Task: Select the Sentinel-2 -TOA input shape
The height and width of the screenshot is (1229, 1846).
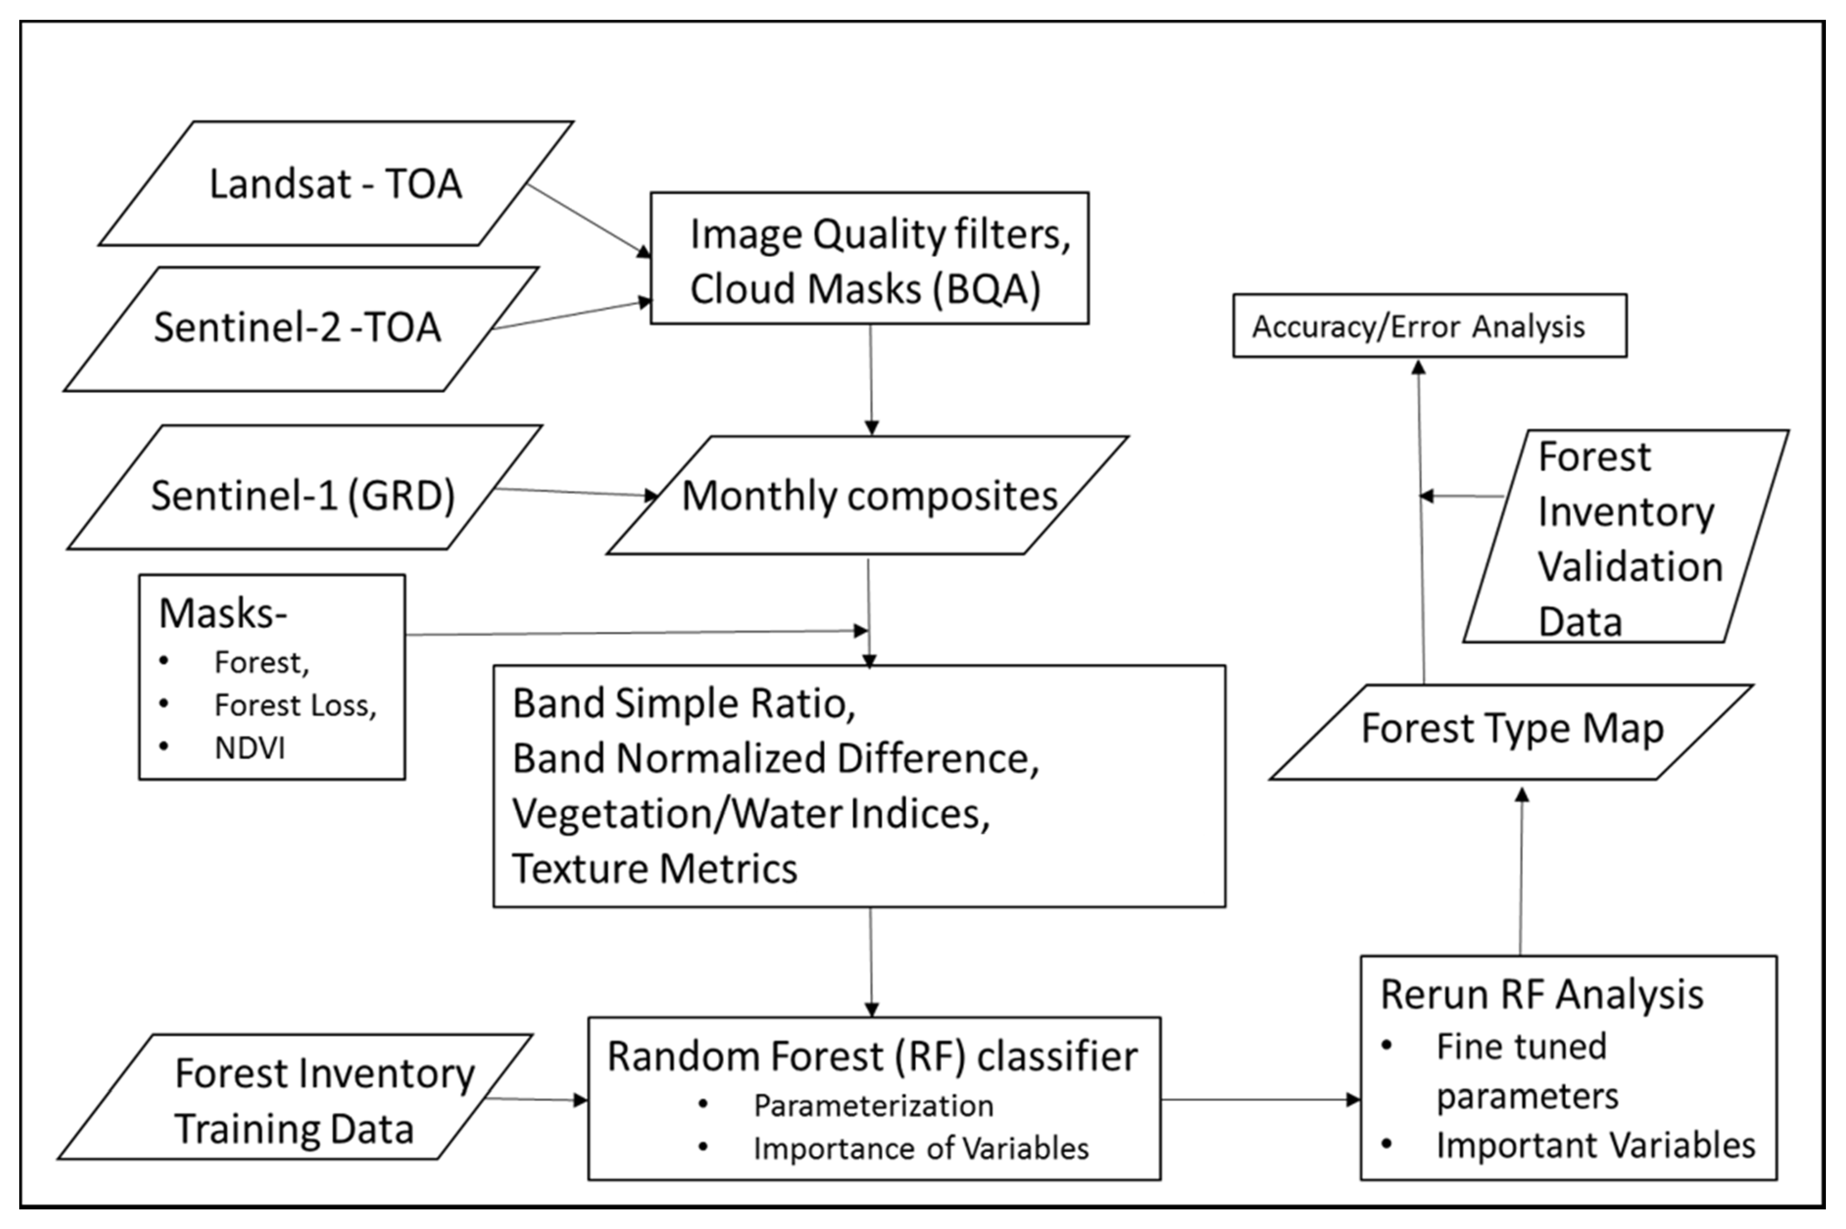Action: [298, 328]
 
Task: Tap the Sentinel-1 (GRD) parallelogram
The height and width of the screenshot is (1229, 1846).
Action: [303, 495]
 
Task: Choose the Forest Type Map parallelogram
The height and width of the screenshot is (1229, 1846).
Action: [1511, 729]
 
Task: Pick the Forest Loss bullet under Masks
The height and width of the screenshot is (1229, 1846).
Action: [295, 705]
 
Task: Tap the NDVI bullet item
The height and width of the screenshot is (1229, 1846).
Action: [249, 748]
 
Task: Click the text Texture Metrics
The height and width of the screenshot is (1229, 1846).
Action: [655, 868]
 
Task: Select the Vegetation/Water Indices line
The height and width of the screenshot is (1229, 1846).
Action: [750, 814]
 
